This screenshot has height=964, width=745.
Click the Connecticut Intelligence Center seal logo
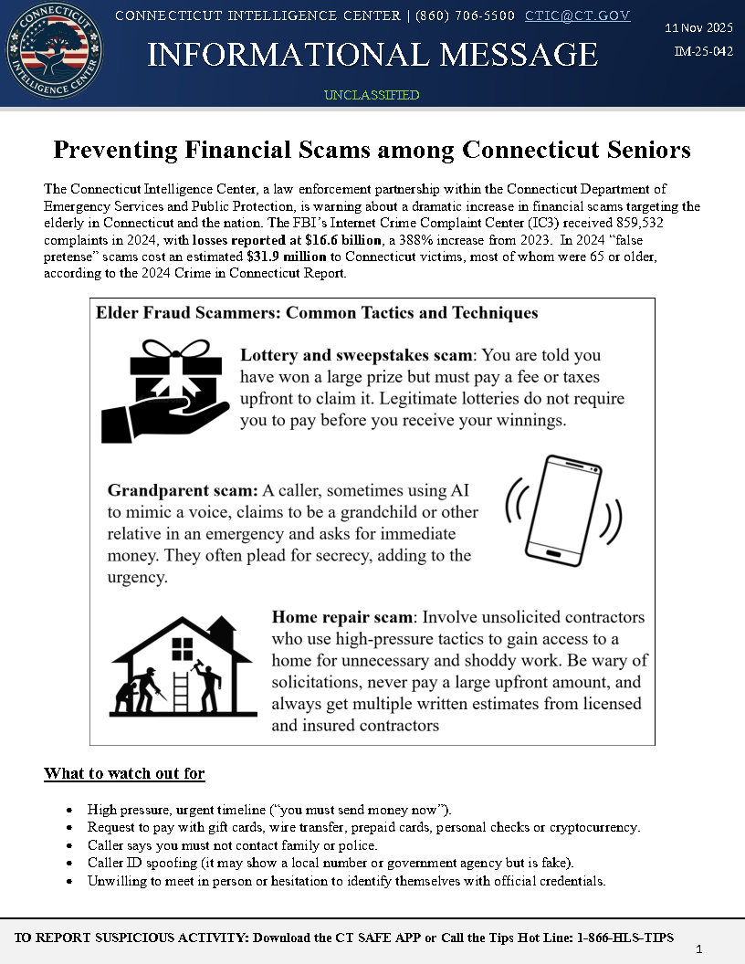54,52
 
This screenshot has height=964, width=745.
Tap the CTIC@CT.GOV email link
577,16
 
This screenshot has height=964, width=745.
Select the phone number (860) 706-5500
465,16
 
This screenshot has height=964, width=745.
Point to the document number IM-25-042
703,52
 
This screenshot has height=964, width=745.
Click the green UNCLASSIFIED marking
372,95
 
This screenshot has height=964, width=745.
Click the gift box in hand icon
165,391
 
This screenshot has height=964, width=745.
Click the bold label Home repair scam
342,617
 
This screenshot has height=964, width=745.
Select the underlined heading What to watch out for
124,774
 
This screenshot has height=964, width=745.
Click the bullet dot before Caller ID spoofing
69,864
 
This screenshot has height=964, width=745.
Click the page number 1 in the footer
698,949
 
